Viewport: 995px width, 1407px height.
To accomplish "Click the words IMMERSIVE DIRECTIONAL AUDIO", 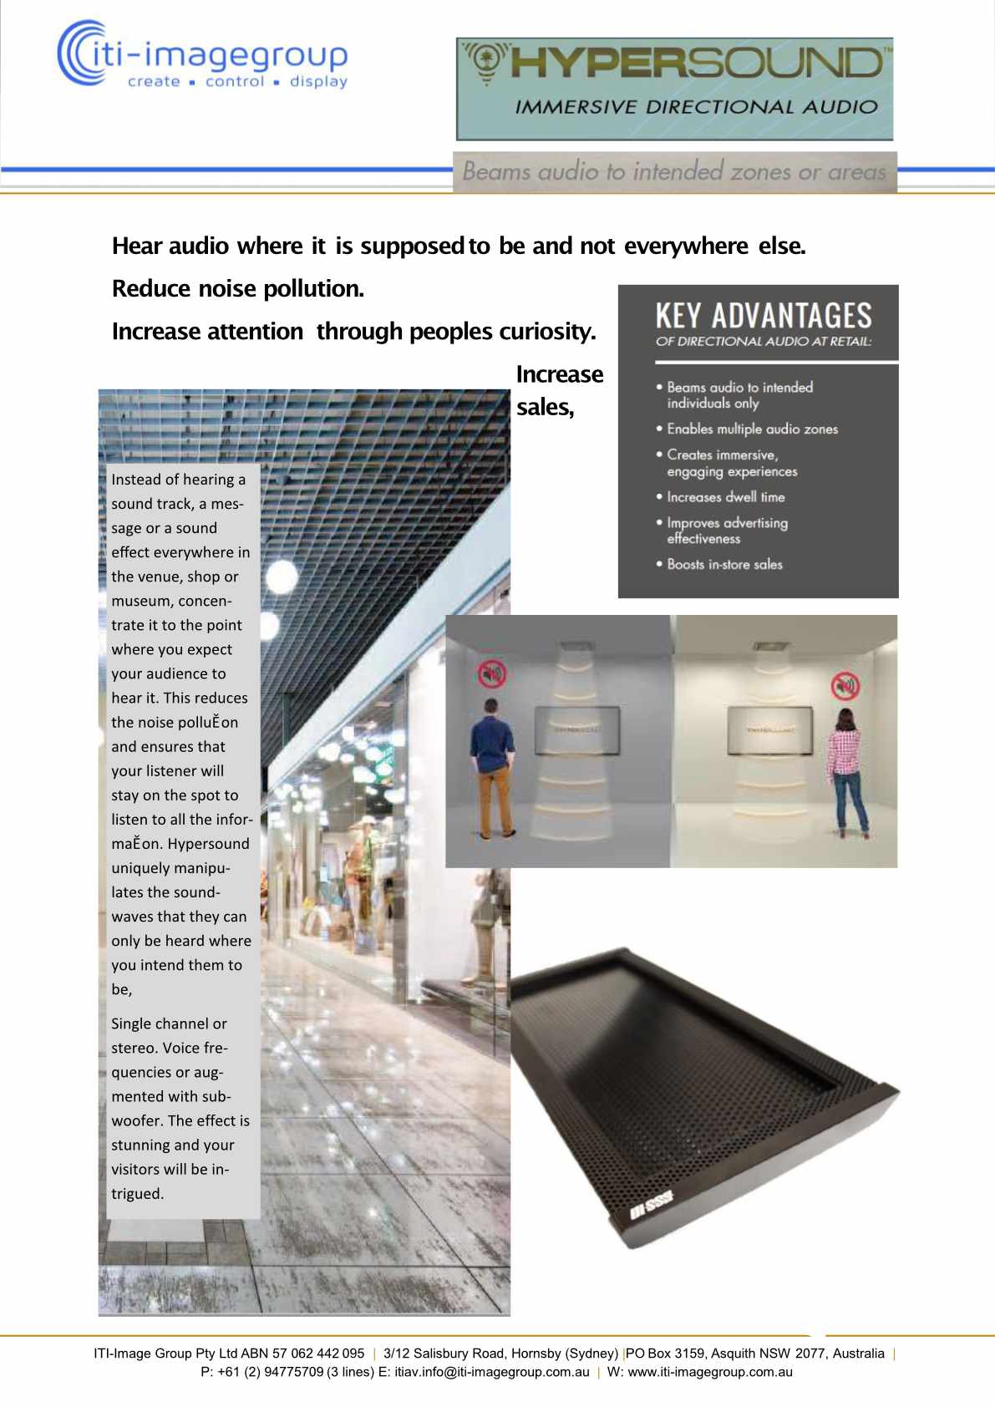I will (696, 107).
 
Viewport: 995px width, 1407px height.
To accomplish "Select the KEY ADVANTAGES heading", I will (763, 316).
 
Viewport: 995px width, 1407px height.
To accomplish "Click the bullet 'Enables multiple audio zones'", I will (751, 429).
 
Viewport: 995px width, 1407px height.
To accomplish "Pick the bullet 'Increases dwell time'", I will (724, 496).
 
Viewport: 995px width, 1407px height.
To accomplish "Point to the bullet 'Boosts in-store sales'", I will (723, 564).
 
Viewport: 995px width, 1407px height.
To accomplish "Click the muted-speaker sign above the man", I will (491, 673).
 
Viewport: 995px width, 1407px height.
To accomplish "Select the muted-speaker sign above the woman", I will (845, 684).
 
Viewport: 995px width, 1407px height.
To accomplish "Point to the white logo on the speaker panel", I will (652, 1203).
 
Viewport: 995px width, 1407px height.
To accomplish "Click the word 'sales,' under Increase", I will (545, 407).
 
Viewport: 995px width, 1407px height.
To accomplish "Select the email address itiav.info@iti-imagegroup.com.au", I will (491, 1372).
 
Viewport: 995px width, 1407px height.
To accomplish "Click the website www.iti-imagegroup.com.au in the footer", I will (710, 1372).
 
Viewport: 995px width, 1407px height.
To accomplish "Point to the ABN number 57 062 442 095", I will (318, 1354).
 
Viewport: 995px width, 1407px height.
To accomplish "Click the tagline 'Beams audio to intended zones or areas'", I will (673, 172).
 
